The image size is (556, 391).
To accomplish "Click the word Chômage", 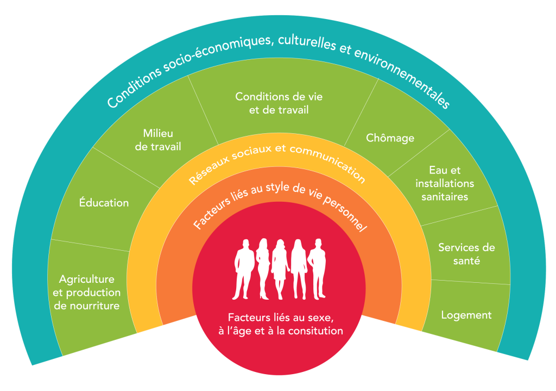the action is (390, 138).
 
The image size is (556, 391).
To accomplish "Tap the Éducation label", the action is (104, 202).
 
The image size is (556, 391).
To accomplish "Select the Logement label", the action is (466, 315).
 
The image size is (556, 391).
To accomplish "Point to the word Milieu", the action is (158, 133).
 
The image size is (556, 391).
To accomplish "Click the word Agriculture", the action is (86, 279).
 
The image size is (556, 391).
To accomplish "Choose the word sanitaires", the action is (445, 196).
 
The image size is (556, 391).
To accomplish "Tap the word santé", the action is (466, 261).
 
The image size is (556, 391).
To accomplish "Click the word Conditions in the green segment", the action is (261, 97).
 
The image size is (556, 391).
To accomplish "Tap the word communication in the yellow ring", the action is (327, 162).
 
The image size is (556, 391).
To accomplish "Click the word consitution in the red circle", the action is (315, 331).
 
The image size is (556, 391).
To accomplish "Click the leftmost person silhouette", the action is (244, 269).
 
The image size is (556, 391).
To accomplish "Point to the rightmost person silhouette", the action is (317, 269).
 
